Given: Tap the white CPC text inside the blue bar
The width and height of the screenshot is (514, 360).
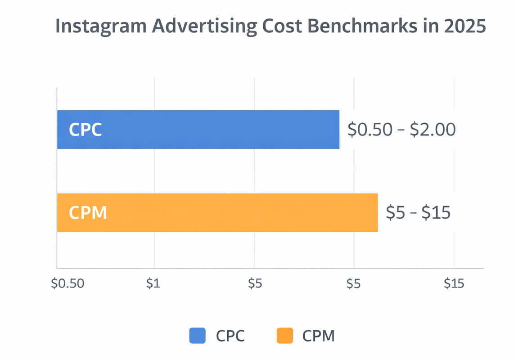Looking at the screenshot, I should pyautogui.click(x=85, y=130).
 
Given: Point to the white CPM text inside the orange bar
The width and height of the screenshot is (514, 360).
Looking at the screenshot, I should pyautogui.click(x=88, y=212).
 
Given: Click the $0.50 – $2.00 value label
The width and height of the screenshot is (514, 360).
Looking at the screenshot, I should pyautogui.click(x=402, y=130).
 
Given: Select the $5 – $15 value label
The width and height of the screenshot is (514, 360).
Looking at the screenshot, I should pyautogui.click(x=418, y=212).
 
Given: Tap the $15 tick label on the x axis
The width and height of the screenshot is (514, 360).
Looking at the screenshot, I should pyautogui.click(x=454, y=283).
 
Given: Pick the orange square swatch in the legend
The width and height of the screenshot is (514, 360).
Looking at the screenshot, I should pyautogui.click(x=284, y=336).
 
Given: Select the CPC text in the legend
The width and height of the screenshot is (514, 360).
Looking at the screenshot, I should pyautogui.click(x=230, y=336).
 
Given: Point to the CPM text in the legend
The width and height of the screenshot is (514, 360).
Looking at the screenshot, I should pyautogui.click(x=318, y=336).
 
